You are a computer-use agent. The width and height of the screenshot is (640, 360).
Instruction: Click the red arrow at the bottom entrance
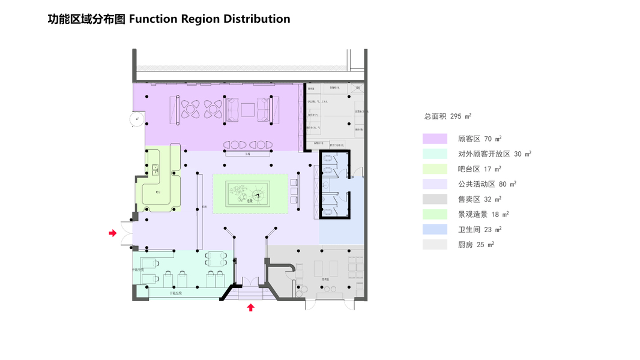click(251, 308)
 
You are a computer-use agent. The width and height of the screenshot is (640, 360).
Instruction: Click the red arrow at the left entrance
click(112, 233)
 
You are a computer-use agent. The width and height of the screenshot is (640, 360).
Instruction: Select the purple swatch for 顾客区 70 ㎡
click(435, 139)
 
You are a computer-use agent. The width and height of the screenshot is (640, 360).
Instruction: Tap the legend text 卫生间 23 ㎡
click(480, 229)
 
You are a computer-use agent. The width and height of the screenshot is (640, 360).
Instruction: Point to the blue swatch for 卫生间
click(435, 229)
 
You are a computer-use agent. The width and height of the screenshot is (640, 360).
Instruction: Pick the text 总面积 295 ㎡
click(448, 116)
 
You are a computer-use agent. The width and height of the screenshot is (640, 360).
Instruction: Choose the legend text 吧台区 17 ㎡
click(480, 169)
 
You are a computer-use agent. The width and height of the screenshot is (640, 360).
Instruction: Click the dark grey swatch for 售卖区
click(435, 199)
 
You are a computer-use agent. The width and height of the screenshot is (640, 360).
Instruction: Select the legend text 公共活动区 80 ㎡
click(487, 184)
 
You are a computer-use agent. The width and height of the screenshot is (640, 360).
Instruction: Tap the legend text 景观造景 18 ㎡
click(483, 214)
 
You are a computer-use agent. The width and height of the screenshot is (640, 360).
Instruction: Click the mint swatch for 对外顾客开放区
click(435, 154)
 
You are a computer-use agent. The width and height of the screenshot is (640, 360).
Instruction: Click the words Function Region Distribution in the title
click(210, 19)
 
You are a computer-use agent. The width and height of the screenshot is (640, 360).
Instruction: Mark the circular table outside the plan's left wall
click(137, 120)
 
